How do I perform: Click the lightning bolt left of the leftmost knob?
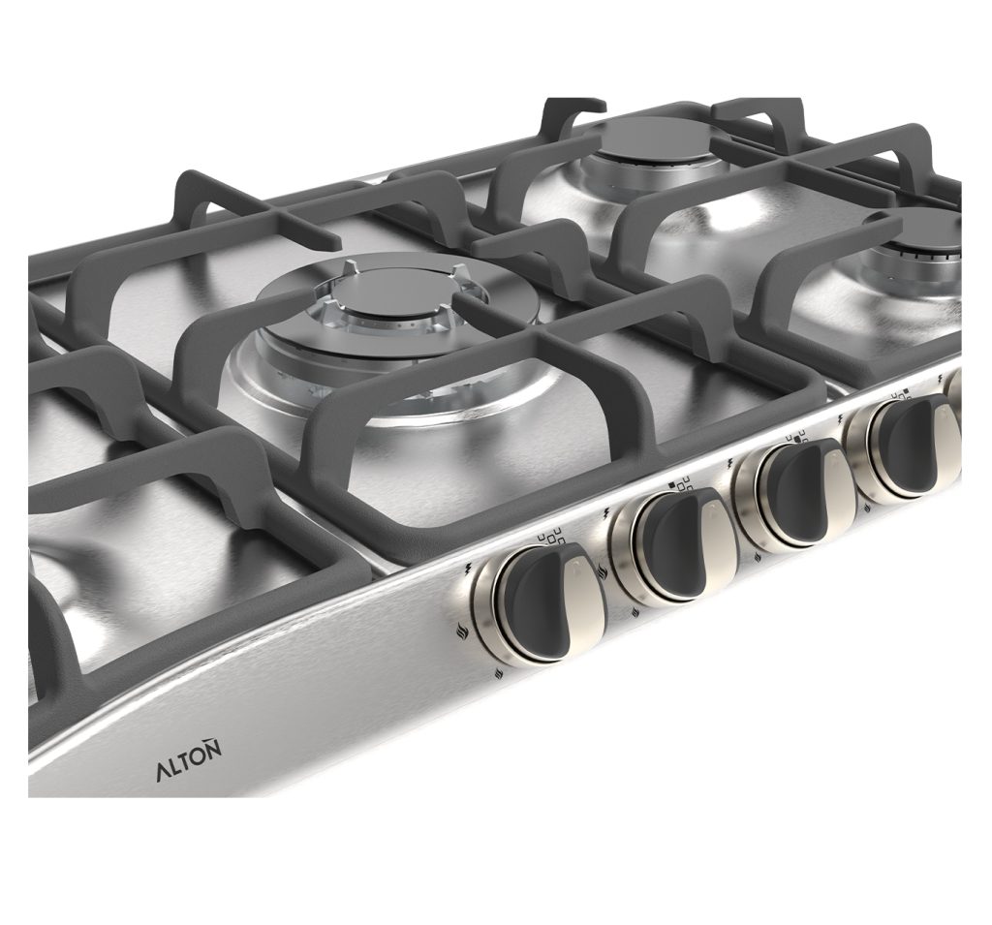point(469,567)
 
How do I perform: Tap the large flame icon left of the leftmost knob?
point(463,630)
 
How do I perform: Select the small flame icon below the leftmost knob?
point(501,672)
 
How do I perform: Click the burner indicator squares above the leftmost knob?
point(549,536)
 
